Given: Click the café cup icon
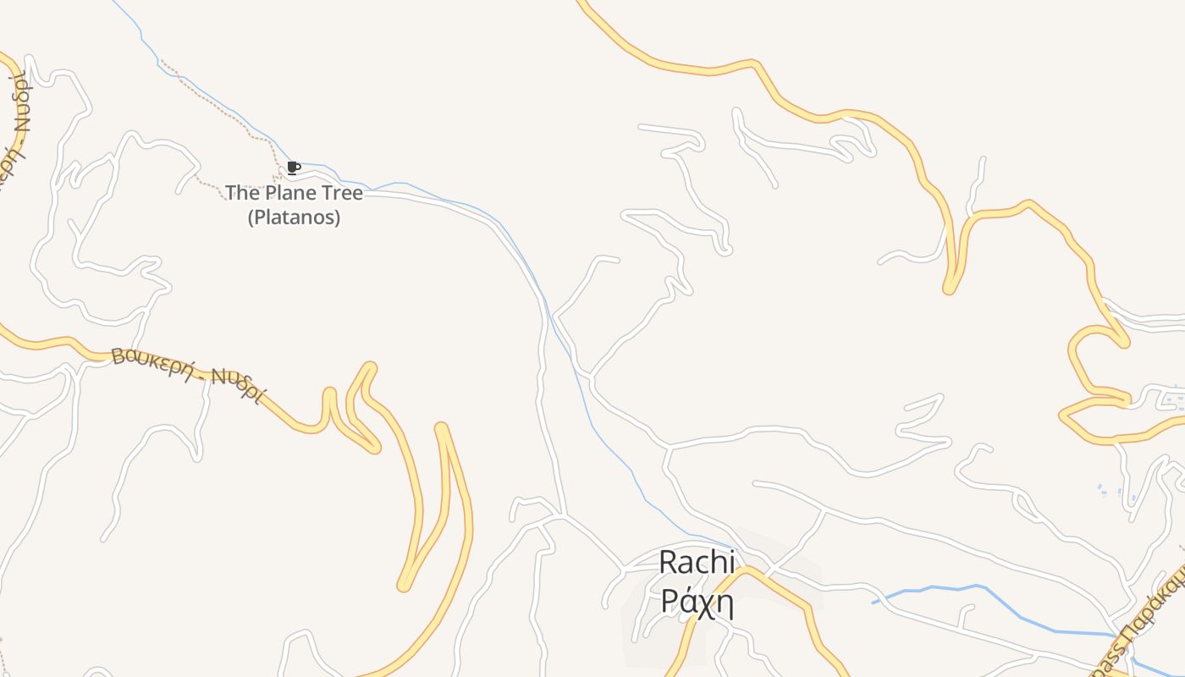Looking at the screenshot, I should [x=293, y=168].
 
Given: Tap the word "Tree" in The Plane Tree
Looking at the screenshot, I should [x=338, y=193].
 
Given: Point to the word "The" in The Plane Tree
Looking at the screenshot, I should [x=242, y=193].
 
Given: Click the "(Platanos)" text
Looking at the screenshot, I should [x=294, y=217].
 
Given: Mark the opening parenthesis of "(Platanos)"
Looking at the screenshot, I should [x=251, y=217].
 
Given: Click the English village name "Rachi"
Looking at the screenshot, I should [x=697, y=561].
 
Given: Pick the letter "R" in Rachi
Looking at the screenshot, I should [x=669, y=561].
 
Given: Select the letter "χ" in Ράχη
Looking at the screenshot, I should [x=702, y=602].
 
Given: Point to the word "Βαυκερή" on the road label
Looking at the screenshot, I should [x=153, y=361].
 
